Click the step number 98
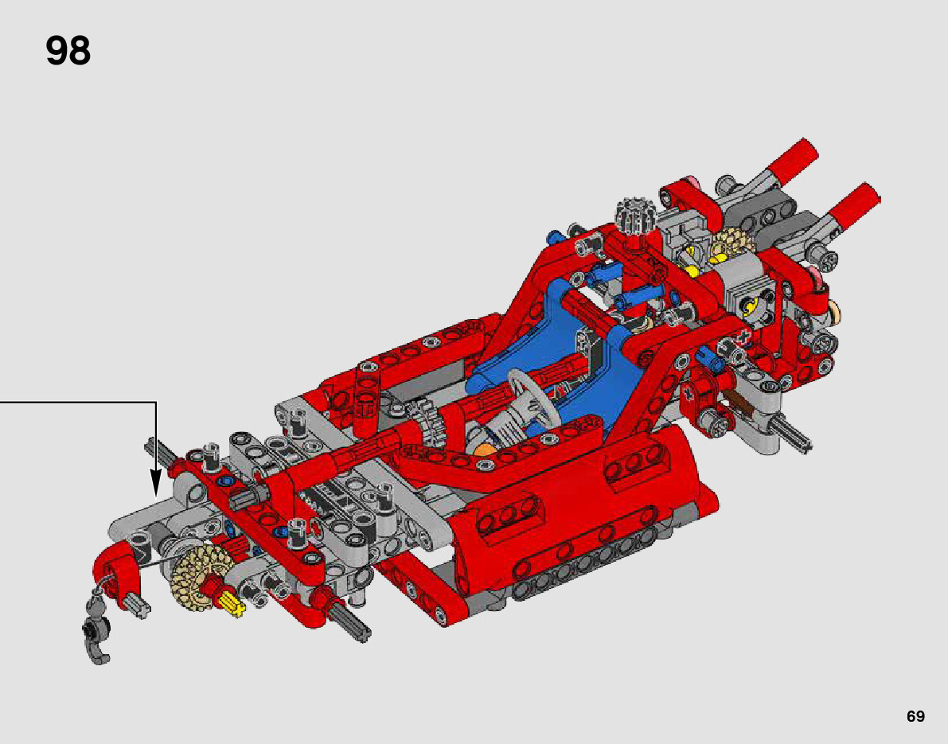coord(68,51)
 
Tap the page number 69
coord(915,716)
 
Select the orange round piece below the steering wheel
coord(485,451)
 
